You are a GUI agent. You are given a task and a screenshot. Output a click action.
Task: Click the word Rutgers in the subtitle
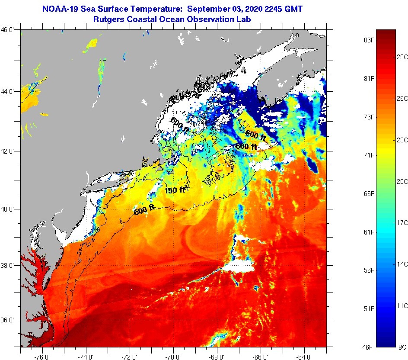tap(110, 19)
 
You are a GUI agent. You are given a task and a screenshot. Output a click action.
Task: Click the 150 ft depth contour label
tap(175, 190)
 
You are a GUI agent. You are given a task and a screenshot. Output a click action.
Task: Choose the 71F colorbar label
tap(368, 155)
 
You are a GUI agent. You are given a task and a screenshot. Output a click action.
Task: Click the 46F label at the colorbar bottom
tap(368, 347)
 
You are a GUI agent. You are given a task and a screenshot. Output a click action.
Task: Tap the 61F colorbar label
tap(368, 232)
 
